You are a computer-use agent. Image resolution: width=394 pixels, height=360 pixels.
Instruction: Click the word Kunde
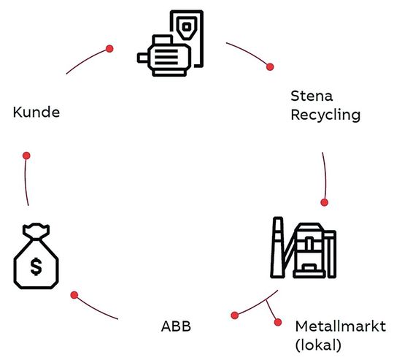click(36, 112)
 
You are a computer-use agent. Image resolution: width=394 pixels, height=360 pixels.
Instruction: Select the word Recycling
click(325, 115)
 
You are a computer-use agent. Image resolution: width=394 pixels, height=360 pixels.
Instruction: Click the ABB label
click(176, 325)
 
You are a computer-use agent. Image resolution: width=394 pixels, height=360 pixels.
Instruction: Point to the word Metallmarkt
click(340, 325)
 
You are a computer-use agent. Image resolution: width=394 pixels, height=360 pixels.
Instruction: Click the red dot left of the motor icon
click(109, 48)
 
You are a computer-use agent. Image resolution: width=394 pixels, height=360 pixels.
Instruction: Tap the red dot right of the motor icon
click(271, 66)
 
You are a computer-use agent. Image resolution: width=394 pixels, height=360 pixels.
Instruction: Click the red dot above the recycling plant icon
click(325, 202)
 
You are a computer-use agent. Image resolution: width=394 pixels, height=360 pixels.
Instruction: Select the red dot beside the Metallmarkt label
click(277, 322)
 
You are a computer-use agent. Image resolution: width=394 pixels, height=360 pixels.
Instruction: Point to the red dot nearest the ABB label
click(234, 315)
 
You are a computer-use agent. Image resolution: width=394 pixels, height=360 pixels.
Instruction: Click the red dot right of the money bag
click(74, 294)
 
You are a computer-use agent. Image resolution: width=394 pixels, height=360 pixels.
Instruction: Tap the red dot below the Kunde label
click(26, 156)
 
